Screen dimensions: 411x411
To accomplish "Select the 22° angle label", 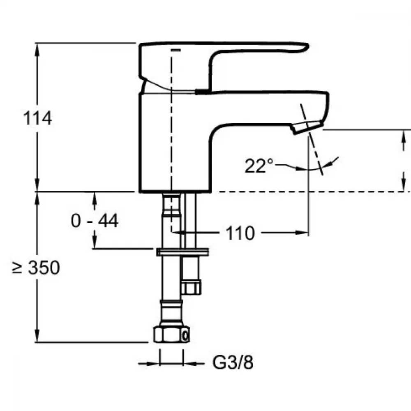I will click(259, 166).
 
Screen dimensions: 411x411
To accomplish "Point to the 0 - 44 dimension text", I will click(95, 221).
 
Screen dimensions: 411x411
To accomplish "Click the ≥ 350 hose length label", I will click(36, 268).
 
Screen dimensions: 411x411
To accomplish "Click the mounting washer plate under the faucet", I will click(182, 251).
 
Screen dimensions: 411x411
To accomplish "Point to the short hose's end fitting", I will click(191, 287).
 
